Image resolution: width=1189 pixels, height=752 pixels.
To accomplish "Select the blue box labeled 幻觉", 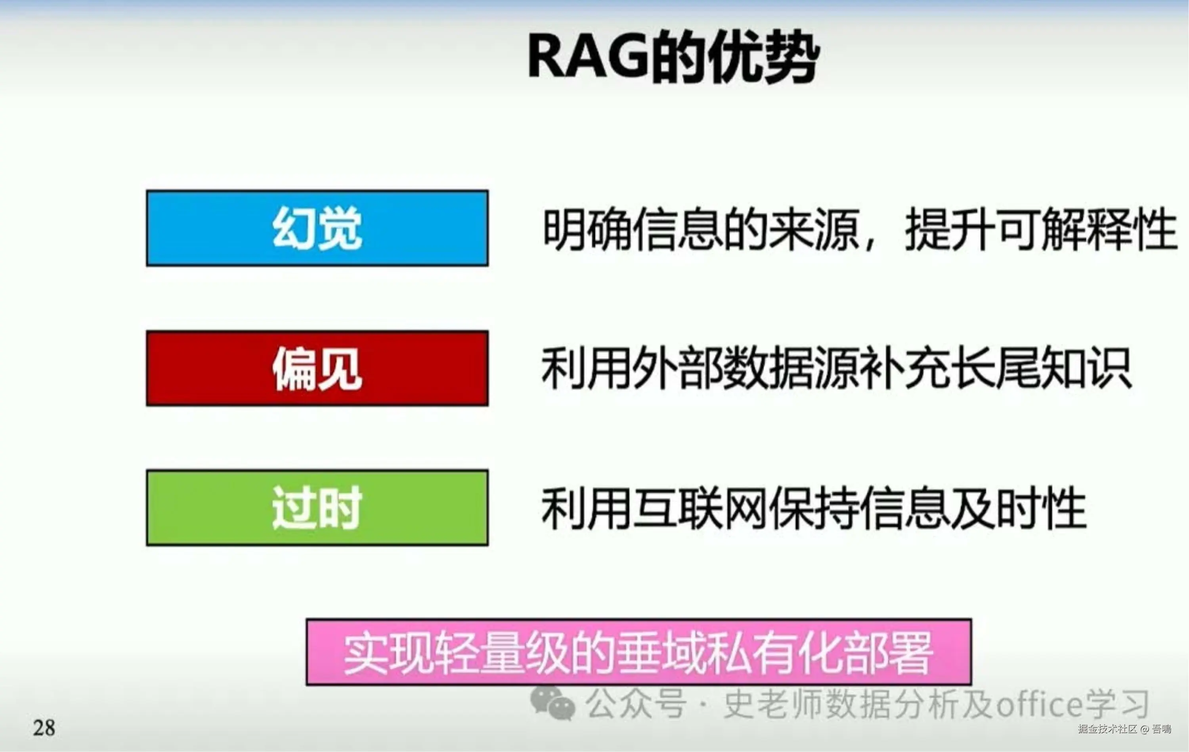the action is click(317, 228).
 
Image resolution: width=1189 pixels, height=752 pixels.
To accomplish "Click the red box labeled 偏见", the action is click(317, 368).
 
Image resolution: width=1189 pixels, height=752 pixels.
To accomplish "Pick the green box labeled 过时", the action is click(317, 507).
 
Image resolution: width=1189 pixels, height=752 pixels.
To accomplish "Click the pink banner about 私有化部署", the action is click(639, 652).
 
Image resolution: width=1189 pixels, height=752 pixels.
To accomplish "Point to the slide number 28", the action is click(44, 728).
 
